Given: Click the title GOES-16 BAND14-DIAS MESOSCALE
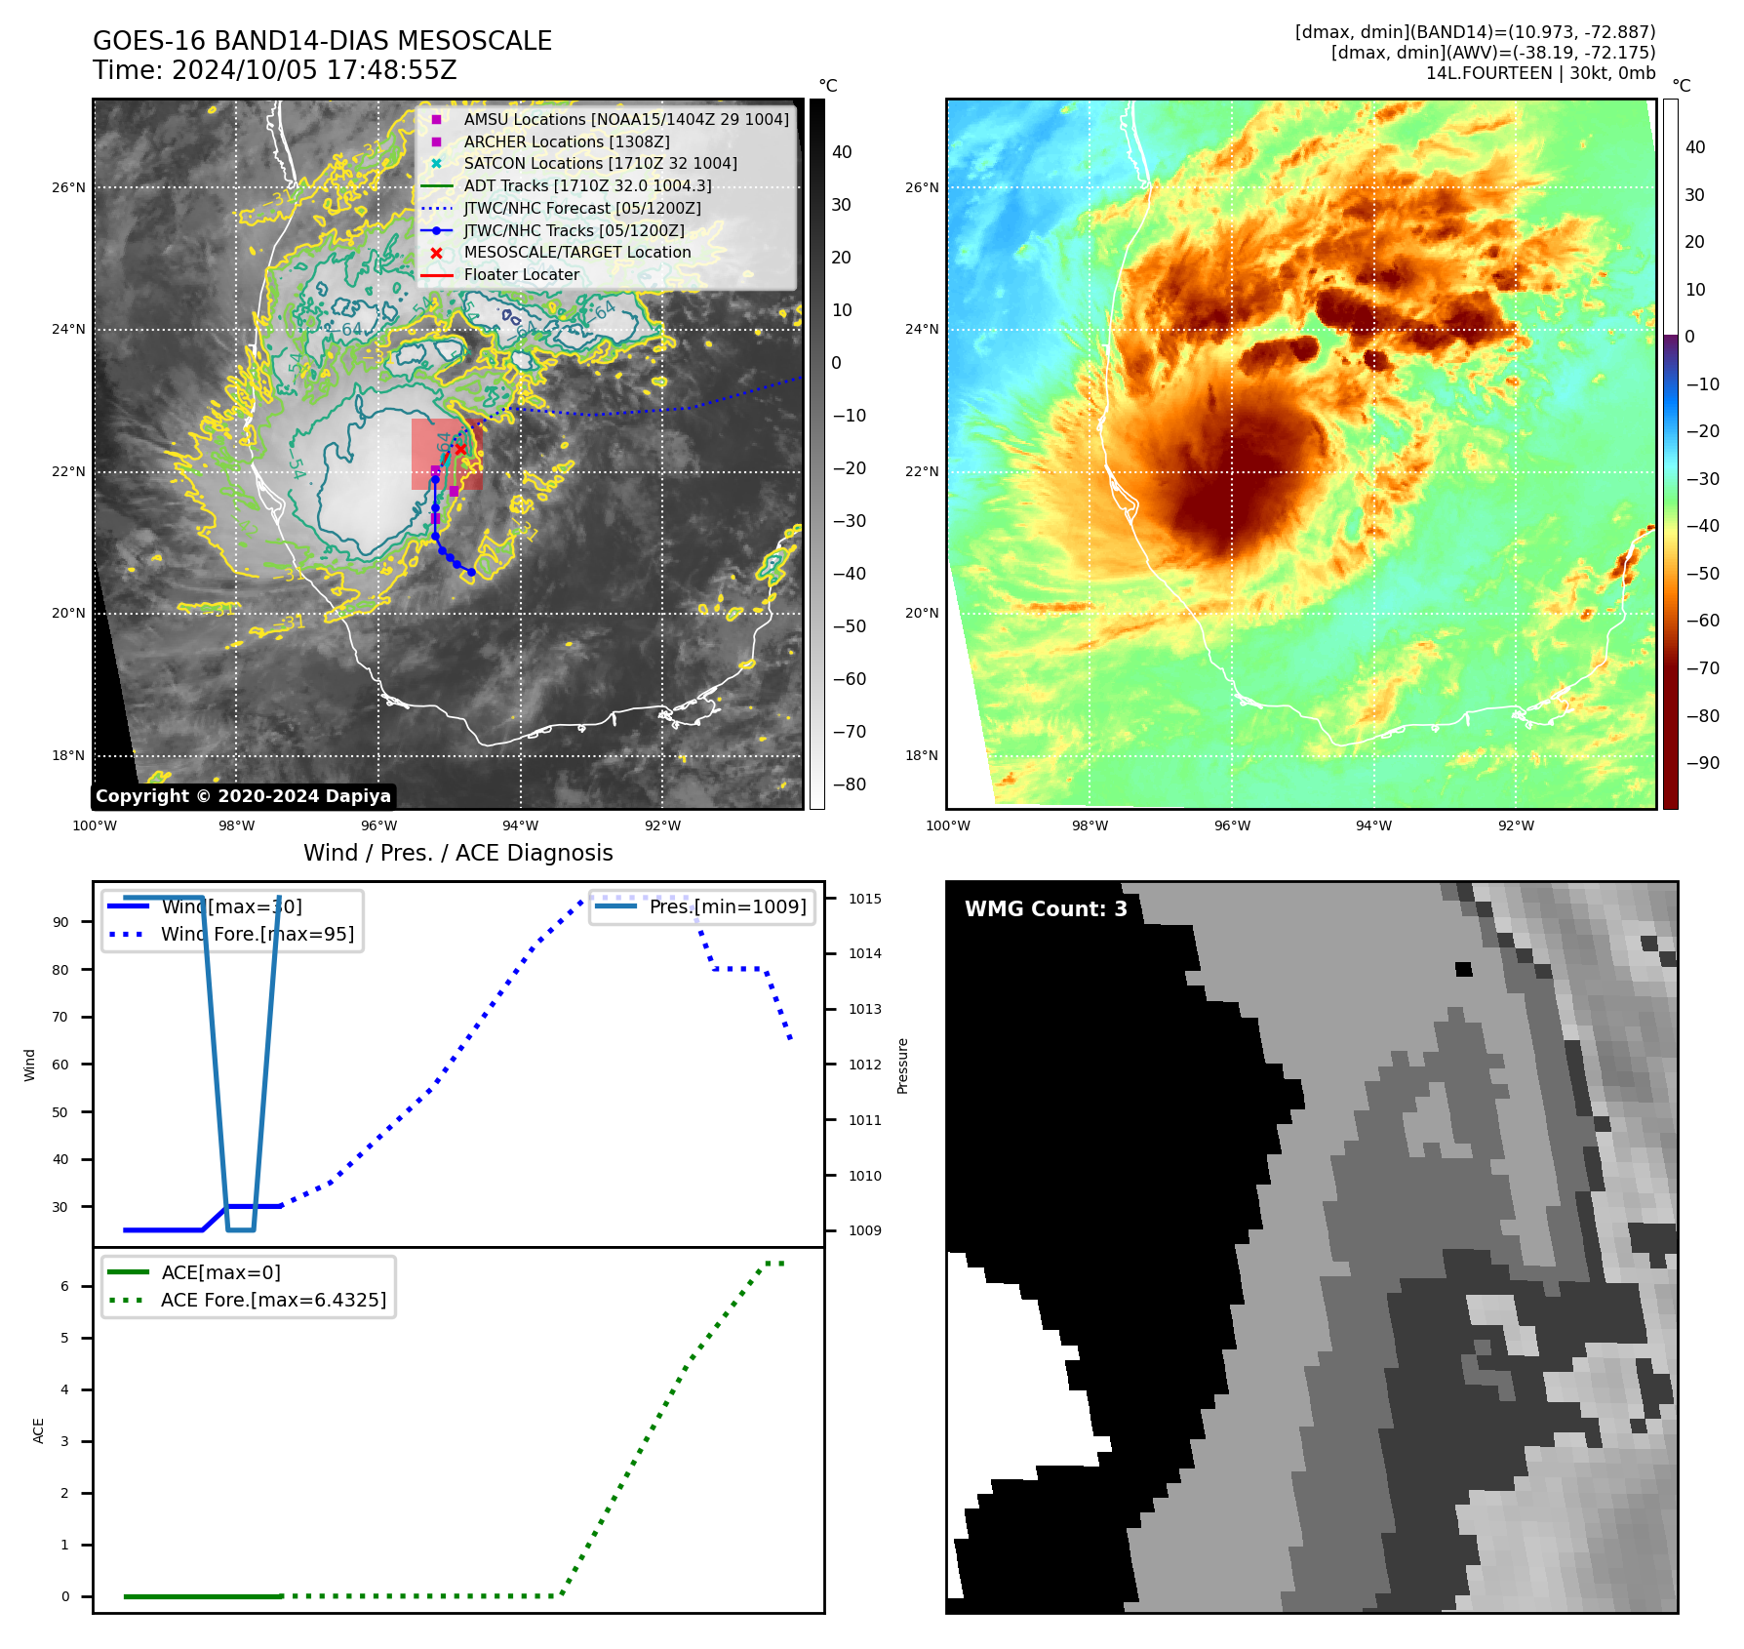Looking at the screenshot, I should pyautogui.click(x=322, y=41).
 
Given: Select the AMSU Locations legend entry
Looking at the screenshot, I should pyautogui.click(x=625, y=119).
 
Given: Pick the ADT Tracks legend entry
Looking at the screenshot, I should pyautogui.click(x=587, y=185).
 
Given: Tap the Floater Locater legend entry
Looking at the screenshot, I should pyautogui.click(x=521, y=274).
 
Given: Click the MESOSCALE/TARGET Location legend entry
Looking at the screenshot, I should pyautogui.click(x=576, y=252).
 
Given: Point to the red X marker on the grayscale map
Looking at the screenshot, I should pyautogui.click(x=460, y=449).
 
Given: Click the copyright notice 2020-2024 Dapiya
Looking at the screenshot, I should pyautogui.click(x=243, y=796).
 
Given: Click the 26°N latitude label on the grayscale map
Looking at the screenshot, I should pyautogui.click(x=68, y=187).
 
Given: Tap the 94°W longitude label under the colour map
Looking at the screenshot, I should pyautogui.click(x=1373, y=825).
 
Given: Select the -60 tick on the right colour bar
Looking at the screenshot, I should pyautogui.click(x=1703, y=621).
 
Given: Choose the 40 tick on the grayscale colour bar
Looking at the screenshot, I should pyautogui.click(x=842, y=152).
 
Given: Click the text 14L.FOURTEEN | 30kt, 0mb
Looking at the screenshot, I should pyautogui.click(x=1540, y=73).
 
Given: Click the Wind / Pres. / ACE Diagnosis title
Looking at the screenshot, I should pyautogui.click(x=458, y=853).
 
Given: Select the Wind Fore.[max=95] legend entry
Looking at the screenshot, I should pyautogui.click(x=257, y=934).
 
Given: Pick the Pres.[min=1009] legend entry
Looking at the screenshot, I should pyautogui.click(x=728, y=906).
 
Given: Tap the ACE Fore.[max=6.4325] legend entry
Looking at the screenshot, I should pyautogui.click(x=273, y=1300).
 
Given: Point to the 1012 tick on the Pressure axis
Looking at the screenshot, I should pyautogui.click(x=864, y=1065).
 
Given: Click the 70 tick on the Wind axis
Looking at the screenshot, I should pyautogui.click(x=60, y=1017).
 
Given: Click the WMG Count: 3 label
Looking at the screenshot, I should pyautogui.click(x=1046, y=909).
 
